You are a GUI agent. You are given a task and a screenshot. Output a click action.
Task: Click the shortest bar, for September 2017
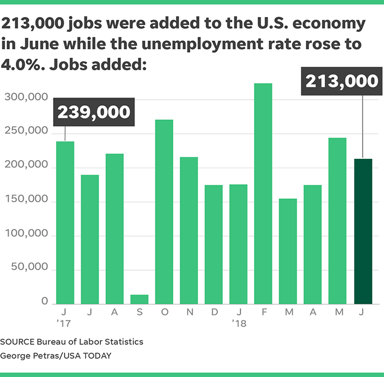(139, 299)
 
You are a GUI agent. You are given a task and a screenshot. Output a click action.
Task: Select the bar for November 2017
(189, 230)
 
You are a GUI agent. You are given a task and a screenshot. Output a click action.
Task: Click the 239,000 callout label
(94, 112)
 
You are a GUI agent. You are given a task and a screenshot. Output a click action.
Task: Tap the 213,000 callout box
(342, 82)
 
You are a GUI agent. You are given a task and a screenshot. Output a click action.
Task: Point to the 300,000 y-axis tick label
(26, 99)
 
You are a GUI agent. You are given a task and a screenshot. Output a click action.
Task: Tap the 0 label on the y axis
(45, 303)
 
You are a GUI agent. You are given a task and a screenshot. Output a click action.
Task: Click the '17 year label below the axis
(64, 323)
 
